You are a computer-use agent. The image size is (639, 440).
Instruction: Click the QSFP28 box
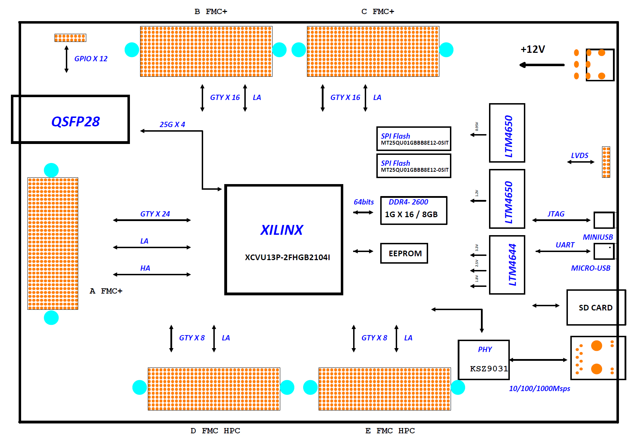(x=70, y=119)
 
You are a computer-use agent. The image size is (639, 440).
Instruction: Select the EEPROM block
(x=404, y=253)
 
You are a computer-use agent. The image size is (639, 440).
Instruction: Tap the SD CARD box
(x=596, y=307)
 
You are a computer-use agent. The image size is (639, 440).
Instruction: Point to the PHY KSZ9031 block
(x=484, y=359)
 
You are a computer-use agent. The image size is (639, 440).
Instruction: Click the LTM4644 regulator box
(x=507, y=265)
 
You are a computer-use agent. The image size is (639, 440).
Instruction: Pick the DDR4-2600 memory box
(x=414, y=210)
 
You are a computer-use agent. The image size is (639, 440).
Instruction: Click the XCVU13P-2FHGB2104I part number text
(x=287, y=257)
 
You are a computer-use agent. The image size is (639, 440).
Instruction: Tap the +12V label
(x=533, y=49)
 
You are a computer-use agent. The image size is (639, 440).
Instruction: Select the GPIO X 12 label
(x=91, y=59)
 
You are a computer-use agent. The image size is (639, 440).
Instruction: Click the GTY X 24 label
(x=155, y=214)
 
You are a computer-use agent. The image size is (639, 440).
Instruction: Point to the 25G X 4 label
(x=172, y=124)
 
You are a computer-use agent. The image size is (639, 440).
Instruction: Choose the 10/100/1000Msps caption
(x=539, y=388)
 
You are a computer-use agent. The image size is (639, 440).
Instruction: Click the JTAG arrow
(x=561, y=220)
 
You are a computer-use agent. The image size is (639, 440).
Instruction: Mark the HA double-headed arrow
(x=152, y=275)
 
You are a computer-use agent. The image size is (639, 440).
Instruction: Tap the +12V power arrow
(x=542, y=65)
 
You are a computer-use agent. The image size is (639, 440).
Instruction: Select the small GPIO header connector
(x=70, y=38)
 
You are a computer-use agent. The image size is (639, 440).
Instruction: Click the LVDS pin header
(x=606, y=162)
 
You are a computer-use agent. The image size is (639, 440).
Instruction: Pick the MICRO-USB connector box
(x=604, y=251)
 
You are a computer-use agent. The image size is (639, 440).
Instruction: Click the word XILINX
(x=282, y=230)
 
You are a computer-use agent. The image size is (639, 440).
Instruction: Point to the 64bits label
(x=364, y=202)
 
